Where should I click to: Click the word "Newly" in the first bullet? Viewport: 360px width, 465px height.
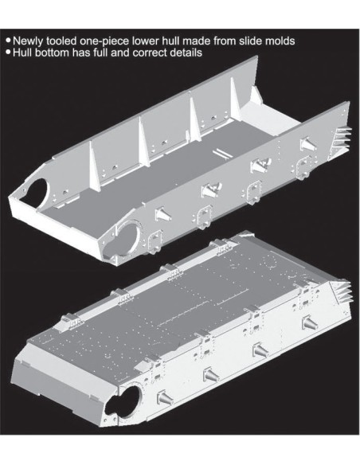pos(28,41)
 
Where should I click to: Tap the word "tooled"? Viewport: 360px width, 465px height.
pos(61,40)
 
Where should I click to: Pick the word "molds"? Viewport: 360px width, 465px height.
pos(280,40)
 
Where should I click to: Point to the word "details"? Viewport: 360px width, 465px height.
pos(186,53)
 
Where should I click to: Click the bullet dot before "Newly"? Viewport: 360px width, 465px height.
pos(8,40)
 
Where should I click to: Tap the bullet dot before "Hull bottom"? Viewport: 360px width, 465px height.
pos(8,53)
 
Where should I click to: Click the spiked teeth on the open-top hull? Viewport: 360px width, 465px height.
pos(344,138)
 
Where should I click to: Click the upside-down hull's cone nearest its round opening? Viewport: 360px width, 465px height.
pos(165,398)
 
